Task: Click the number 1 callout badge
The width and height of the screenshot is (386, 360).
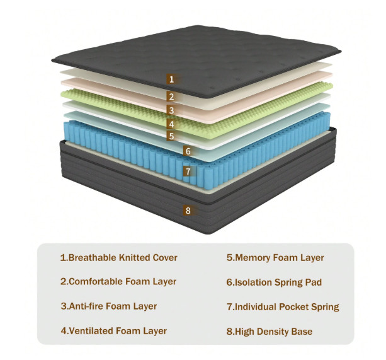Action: [171, 79]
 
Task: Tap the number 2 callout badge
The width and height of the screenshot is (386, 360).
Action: [171, 96]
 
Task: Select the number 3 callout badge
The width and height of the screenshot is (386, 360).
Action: [171, 110]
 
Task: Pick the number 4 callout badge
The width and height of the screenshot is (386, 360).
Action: [171, 124]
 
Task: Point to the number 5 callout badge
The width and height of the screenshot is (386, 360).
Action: [171, 136]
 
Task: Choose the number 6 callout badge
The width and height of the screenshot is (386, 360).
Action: [188, 151]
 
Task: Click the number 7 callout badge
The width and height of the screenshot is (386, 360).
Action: [188, 171]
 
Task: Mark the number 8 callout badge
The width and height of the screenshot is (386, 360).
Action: [188, 211]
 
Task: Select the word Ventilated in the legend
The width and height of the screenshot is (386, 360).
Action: [91, 331]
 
